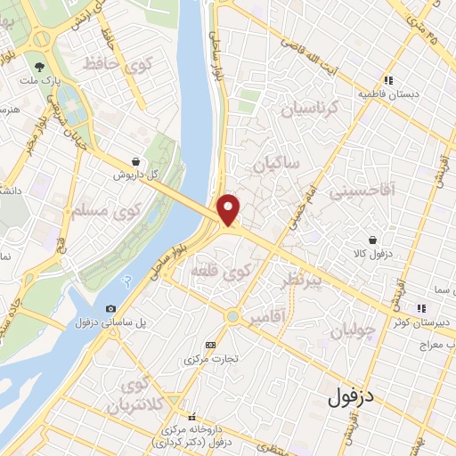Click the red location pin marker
pos(230,210)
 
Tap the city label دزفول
pos(355,396)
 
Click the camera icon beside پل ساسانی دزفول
pos(110,308)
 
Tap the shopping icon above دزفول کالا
pos(371,240)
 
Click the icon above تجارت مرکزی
pos(210,345)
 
